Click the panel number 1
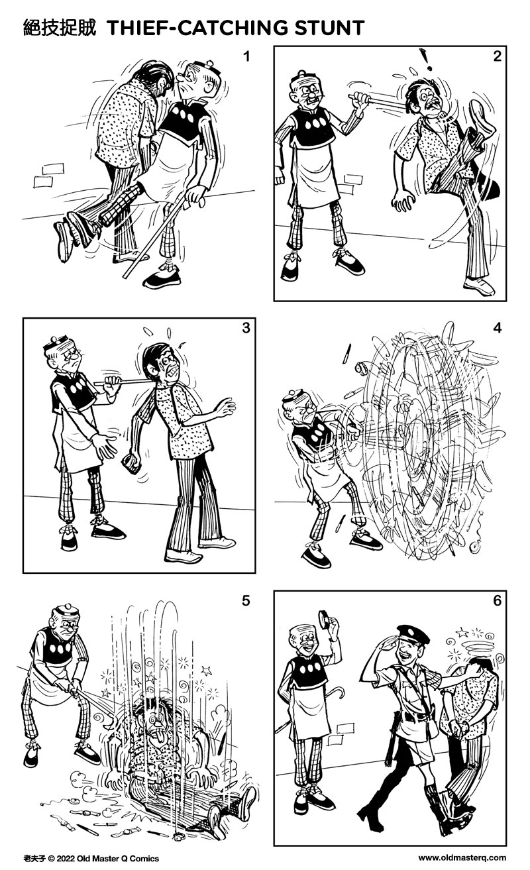246,57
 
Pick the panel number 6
497,601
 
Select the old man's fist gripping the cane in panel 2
360,99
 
